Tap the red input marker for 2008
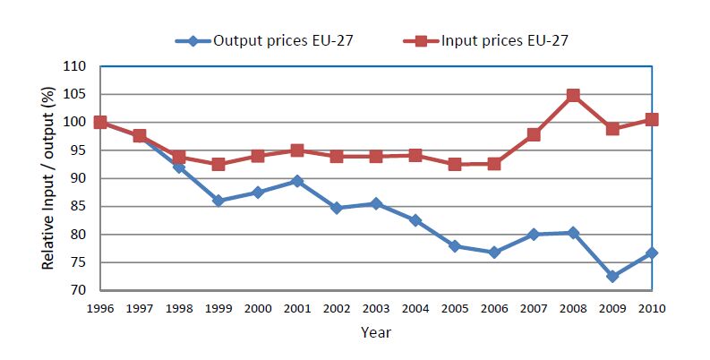573,95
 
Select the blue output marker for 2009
612,277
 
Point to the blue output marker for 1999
218,201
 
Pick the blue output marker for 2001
297,181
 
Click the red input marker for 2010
652,119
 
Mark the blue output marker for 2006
494,253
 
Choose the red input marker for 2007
534,134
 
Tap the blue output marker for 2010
652,253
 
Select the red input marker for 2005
455,164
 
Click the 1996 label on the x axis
100,308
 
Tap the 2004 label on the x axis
415,308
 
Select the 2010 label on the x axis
652,308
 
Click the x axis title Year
375,331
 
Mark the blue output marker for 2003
376,204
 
